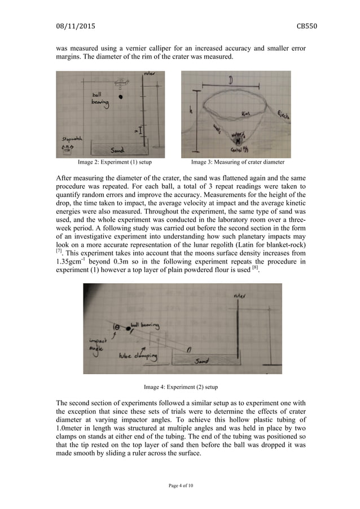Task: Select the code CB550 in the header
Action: click(293, 25)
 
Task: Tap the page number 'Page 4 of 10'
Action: click(180, 485)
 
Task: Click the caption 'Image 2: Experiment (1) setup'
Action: click(115, 163)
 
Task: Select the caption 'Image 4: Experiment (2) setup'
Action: click(180, 387)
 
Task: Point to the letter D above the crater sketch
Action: click(231, 81)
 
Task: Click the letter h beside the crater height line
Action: click(191, 112)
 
